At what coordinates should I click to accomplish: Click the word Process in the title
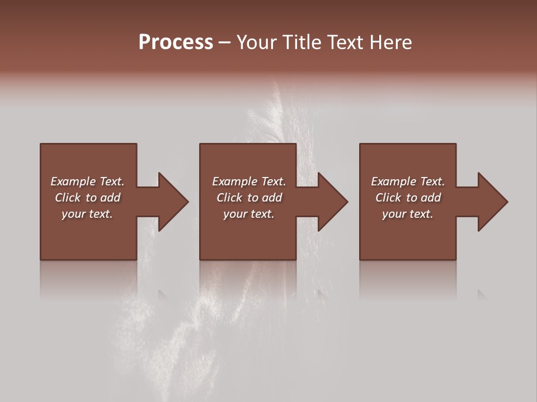point(176,42)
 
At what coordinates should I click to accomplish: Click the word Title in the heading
point(302,42)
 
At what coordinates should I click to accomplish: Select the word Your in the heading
point(256,42)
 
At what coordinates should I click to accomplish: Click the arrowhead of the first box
point(173,202)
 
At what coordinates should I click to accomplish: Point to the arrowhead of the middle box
point(332,202)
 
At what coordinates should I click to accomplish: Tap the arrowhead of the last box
point(492,202)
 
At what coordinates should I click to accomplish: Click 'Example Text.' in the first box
point(87,181)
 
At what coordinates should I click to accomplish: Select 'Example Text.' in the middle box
point(249,181)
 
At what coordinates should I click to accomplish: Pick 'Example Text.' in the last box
point(408,181)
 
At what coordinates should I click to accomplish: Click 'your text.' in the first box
point(87,214)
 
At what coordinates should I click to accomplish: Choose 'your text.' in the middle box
point(249,214)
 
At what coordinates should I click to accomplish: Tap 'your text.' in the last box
point(408,214)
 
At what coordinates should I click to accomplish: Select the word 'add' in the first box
point(111,198)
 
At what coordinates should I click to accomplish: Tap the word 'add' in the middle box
point(272,198)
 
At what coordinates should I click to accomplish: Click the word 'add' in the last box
point(431,198)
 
